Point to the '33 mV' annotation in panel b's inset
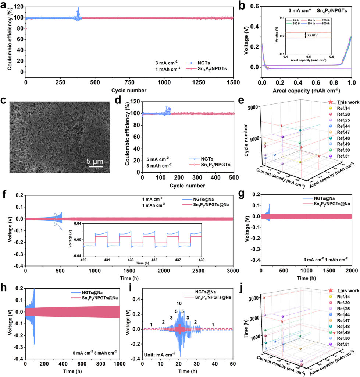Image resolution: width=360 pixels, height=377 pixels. [x=313, y=35]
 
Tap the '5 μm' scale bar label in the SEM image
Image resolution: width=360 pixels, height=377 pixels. [x=95, y=161]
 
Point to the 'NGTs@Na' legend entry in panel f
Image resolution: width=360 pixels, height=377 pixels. [x=209, y=199]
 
